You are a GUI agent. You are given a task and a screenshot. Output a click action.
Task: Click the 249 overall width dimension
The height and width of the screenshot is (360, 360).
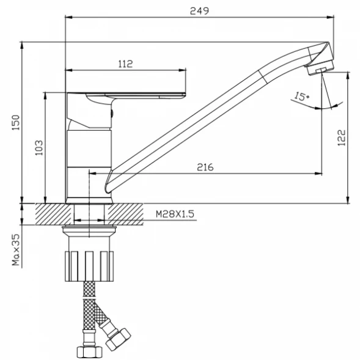click(199, 11)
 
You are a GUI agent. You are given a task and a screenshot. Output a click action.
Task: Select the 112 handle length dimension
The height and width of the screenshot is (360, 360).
click(125, 64)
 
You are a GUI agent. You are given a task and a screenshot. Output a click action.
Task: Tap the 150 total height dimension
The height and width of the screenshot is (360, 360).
click(16, 122)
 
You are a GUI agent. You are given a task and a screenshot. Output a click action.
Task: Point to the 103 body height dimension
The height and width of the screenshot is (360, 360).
click(39, 148)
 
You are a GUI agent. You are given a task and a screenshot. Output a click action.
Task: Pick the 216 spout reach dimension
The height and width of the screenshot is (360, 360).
click(205, 167)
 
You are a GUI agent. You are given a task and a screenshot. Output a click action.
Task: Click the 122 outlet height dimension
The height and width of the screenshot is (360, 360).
click(342, 138)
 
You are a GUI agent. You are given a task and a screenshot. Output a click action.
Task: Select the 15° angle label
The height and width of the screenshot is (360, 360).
click(302, 97)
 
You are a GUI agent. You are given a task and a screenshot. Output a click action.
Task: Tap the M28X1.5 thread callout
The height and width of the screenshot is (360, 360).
click(175, 214)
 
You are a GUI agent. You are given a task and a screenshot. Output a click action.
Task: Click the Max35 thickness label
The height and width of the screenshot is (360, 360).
click(17, 250)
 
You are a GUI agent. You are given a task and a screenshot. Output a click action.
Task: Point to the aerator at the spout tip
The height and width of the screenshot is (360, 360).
click(320, 68)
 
